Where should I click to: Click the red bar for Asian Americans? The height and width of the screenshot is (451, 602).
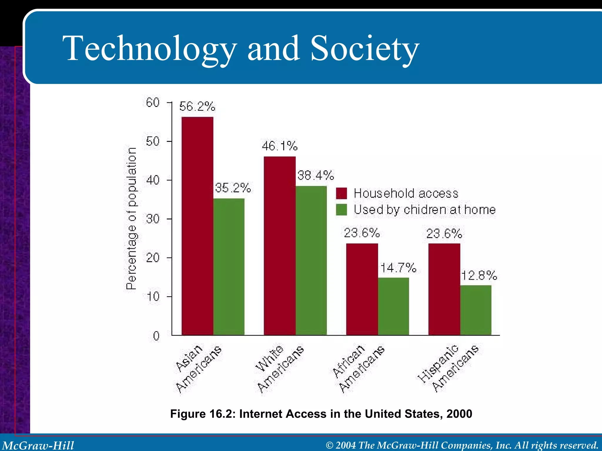click(x=197, y=226)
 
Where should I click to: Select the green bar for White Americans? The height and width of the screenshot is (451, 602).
click(x=311, y=260)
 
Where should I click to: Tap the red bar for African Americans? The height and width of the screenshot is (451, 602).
click(x=362, y=289)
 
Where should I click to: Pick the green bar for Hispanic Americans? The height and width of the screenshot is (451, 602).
click(x=476, y=310)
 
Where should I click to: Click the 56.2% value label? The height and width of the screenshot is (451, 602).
click(x=197, y=107)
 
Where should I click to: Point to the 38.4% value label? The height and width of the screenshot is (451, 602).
click(x=315, y=176)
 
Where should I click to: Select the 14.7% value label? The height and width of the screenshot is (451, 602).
click(x=398, y=268)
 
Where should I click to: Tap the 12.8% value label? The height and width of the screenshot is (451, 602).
click(x=479, y=276)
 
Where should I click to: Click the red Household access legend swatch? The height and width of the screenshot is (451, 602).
click(x=341, y=193)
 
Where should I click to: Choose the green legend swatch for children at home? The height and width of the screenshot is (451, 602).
click(x=341, y=210)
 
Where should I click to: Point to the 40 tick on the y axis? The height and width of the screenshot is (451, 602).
click(x=153, y=180)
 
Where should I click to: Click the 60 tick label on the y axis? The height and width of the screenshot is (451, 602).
click(x=153, y=103)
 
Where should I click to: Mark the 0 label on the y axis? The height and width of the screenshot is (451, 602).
click(x=156, y=336)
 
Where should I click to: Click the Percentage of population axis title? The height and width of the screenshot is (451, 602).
click(x=131, y=219)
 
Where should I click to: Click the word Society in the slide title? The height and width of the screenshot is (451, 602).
click(x=364, y=48)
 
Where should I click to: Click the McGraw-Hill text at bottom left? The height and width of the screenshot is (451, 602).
click(x=38, y=445)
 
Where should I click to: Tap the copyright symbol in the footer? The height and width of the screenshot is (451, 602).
click(x=330, y=445)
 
